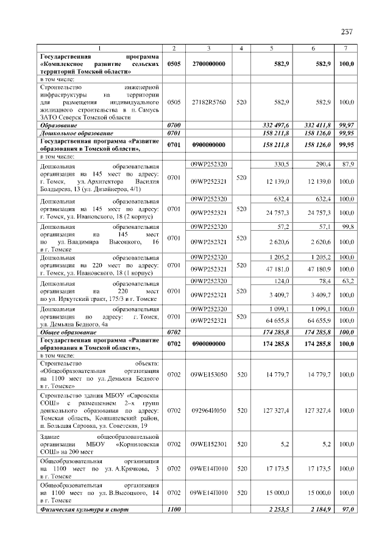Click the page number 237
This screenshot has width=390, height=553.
tap(347, 32)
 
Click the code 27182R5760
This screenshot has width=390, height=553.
tap(208, 102)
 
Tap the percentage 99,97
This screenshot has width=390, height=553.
tap(346, 125)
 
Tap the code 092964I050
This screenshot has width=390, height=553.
tap(208, 410)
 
